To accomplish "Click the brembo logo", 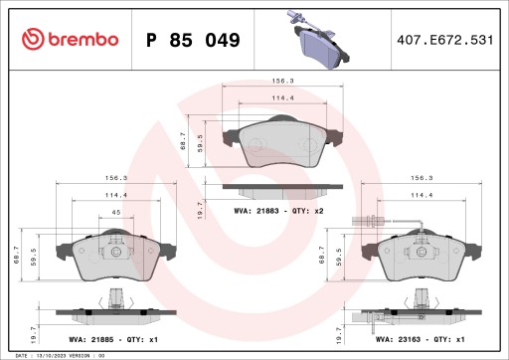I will point(70,39).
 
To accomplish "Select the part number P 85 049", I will point(192,41).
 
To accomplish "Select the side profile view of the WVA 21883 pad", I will point(266,187).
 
